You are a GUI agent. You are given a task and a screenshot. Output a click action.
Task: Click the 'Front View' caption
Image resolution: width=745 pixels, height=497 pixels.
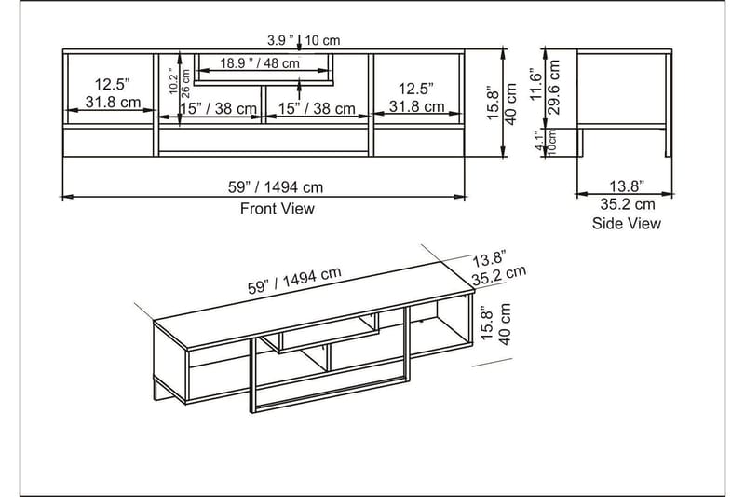(x=278, y=209)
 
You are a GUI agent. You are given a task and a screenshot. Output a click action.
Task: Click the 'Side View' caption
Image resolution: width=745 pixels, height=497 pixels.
(x=627, y=223)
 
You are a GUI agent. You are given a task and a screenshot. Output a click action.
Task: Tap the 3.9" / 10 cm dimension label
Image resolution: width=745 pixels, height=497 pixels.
(x=304, y=40)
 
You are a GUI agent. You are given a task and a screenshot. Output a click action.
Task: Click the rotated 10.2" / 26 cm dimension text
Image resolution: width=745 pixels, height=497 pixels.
(x=179, y=82)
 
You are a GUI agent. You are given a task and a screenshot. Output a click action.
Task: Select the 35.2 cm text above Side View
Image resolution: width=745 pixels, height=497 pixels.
(x=627, y=204)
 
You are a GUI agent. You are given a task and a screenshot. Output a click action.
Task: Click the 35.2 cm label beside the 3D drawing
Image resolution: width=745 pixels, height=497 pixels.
(x=499, y=274)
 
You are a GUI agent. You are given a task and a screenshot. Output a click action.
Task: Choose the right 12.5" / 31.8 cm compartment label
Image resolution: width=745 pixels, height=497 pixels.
(x=415, y=98)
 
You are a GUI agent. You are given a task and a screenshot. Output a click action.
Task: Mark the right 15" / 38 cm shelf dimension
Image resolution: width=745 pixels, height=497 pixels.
(x=317, y=109)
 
